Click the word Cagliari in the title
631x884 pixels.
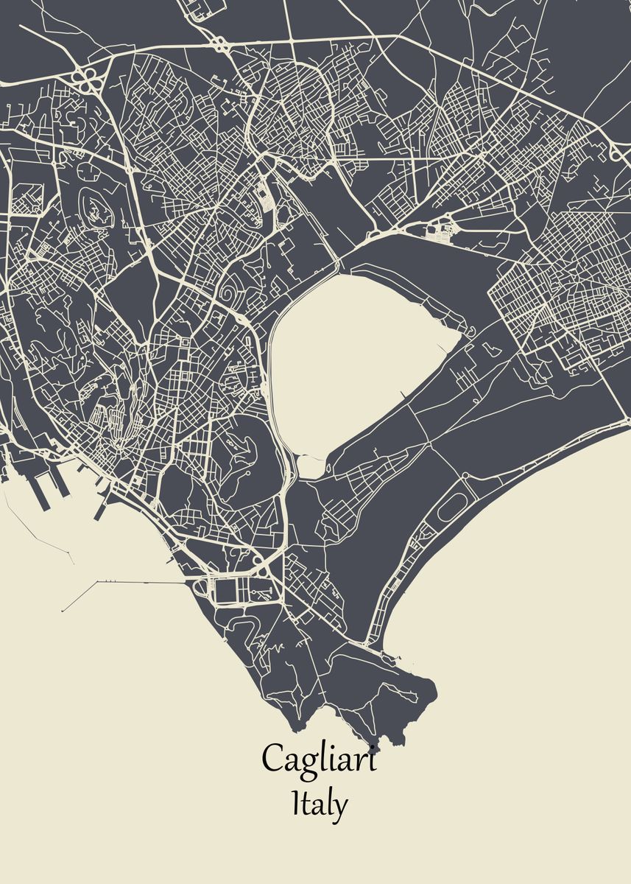click(319, 759)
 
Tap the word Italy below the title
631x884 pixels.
click(319, 804)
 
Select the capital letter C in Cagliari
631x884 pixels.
click(273, 758)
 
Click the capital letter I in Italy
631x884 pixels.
click(297, 802)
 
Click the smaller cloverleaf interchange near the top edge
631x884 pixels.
click(220, 43)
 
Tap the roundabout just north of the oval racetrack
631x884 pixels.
click(472, 480)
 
